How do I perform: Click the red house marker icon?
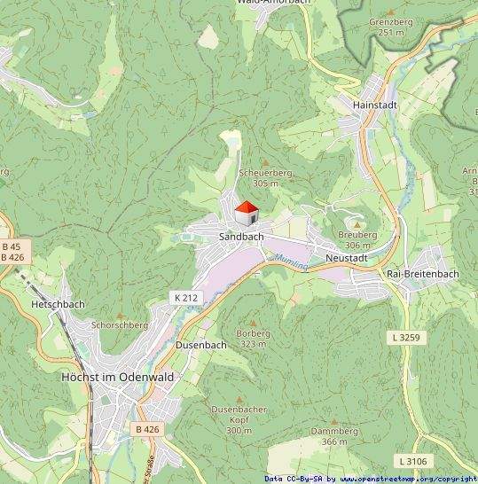point(246,214)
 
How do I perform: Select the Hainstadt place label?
point(373,105)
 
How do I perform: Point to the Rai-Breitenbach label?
point(423,274)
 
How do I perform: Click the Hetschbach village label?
point(58,304)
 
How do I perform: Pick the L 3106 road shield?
point(413,461)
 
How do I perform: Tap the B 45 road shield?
point(12,246)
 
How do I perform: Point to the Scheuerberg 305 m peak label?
point(263,178)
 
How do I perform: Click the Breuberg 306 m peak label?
point(357,239)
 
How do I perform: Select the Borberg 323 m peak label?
point(254,339)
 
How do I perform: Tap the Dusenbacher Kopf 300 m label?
point(238,419)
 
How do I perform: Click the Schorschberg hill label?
point(120,325)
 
